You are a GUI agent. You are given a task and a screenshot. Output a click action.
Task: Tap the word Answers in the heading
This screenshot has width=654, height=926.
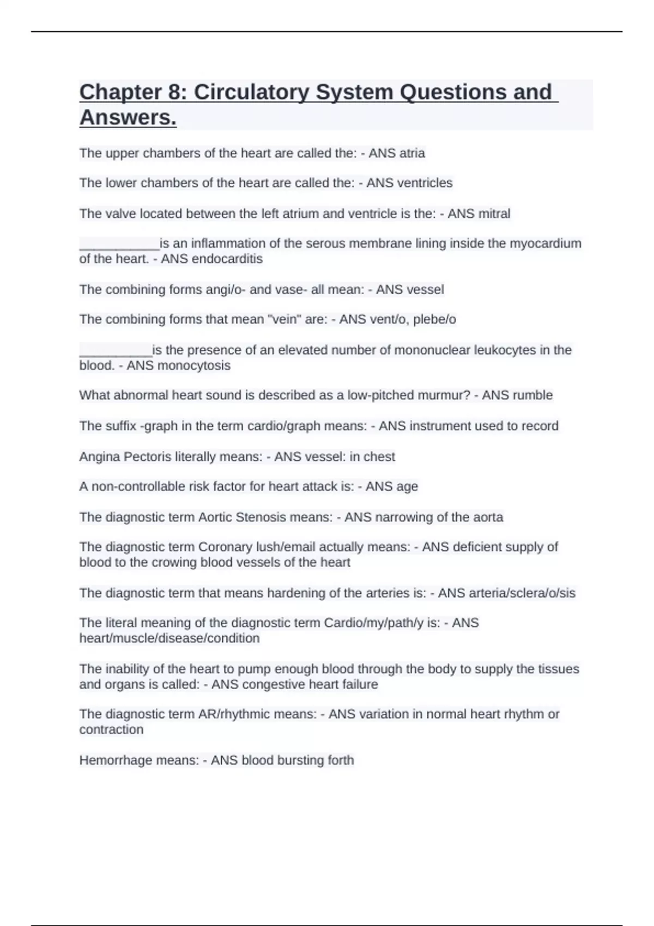128,117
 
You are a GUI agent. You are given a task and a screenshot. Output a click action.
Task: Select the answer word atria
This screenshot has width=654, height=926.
411,154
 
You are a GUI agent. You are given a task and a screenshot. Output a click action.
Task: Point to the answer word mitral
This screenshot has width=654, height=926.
494,214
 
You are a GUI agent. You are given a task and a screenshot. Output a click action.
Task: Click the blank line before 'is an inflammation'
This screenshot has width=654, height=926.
119,243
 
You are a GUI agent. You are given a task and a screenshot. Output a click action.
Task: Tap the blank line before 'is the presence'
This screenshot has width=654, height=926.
116,350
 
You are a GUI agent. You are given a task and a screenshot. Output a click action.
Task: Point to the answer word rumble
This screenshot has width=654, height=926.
532,395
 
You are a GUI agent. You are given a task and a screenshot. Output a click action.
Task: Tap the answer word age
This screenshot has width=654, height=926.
407,486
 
